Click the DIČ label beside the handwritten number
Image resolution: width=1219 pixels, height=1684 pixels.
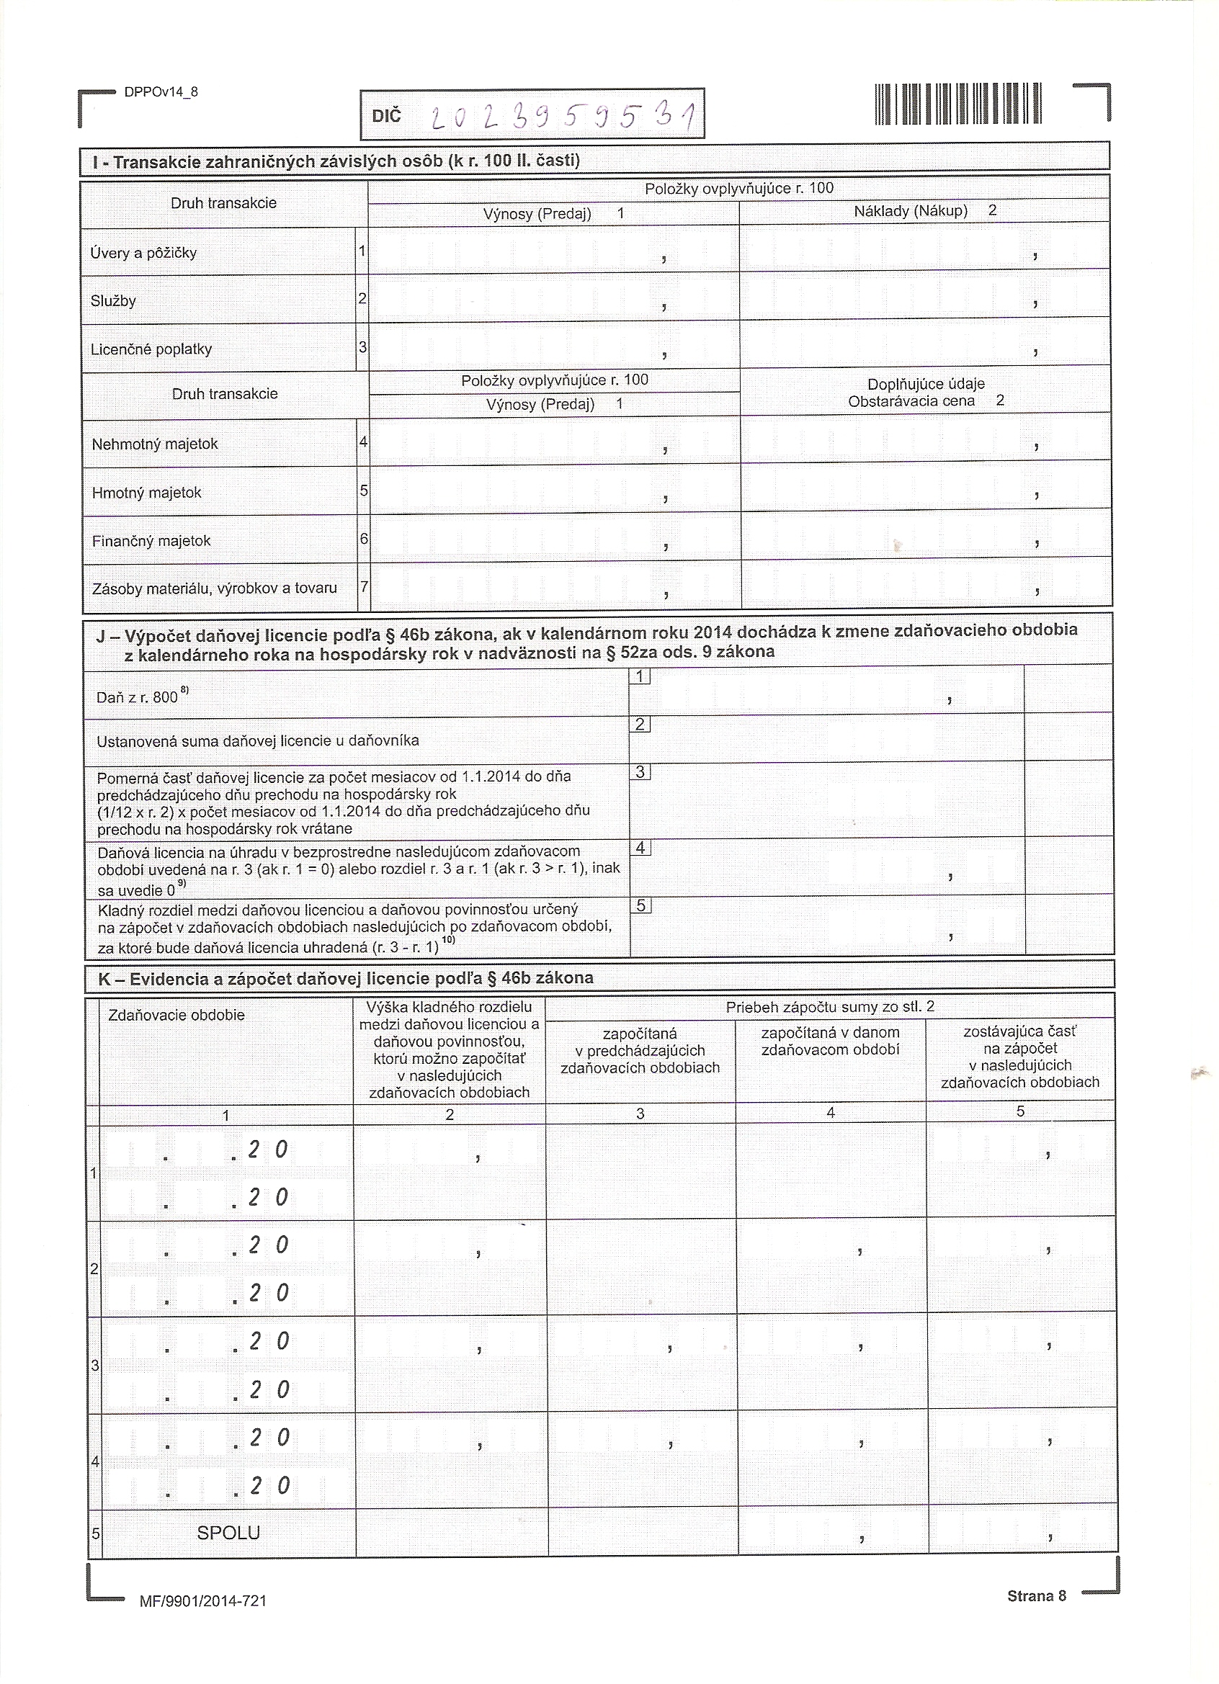click(386, 116)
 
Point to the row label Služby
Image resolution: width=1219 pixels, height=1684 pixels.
click(113, 302)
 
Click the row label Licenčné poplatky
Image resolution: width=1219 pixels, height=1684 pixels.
click(151, 350)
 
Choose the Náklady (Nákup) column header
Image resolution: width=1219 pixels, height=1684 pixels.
click(911, 211)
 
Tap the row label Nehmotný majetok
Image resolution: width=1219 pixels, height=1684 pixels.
click(154, 444)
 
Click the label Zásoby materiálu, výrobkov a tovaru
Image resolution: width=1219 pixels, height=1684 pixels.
click(214, 588)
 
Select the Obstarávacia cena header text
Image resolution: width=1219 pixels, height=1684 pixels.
click(911, 401)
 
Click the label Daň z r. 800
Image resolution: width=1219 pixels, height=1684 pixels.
click(138, 697)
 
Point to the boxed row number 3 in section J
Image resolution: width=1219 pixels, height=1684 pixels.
click(640, 773)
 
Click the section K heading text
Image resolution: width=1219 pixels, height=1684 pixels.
click(345, 979)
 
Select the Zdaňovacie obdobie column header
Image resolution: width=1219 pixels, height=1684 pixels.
click(176, 1016)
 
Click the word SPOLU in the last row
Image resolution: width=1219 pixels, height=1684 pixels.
click(228, 1533)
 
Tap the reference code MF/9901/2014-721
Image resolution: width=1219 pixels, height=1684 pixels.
click(202, 1602)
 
